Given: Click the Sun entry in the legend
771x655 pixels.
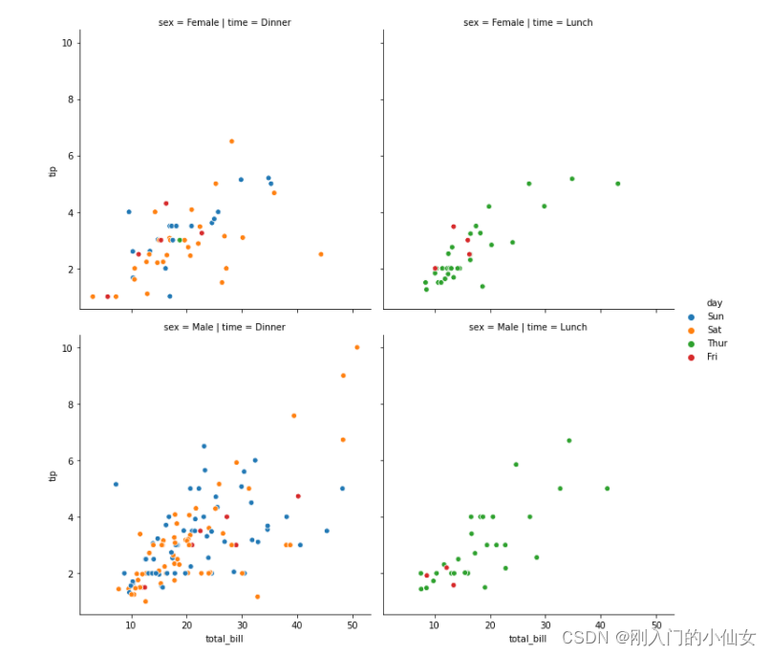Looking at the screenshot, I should [x=715, y=316].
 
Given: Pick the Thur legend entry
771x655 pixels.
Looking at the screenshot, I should [x=717, y=342].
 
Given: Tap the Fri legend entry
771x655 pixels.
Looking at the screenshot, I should [x=713, y=357].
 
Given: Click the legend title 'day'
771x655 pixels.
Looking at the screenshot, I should [x=715, y=302].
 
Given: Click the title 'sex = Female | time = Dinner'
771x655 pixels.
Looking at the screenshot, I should [x=225, y=22].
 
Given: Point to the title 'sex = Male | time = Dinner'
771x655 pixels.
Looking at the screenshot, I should [x=225, y=327].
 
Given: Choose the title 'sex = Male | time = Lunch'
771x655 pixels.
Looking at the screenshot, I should [x=527, y=327].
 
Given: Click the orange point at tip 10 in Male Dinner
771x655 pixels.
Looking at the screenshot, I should [x=357, y=347].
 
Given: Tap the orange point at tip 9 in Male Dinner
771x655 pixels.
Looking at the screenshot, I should [x=343, y=376].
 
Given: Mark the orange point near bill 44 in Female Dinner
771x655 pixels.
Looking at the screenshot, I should [x=321, y=254].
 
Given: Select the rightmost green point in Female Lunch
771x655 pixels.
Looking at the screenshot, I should [x=617, y=184].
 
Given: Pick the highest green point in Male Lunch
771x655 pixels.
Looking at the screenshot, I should [x=568, y=441].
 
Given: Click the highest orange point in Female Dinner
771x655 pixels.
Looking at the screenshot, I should [x=231, y=142].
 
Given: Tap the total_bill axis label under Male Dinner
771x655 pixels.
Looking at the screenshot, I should [x=225, y=639].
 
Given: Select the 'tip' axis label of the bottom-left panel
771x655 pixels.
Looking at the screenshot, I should [x=54, y=475].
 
